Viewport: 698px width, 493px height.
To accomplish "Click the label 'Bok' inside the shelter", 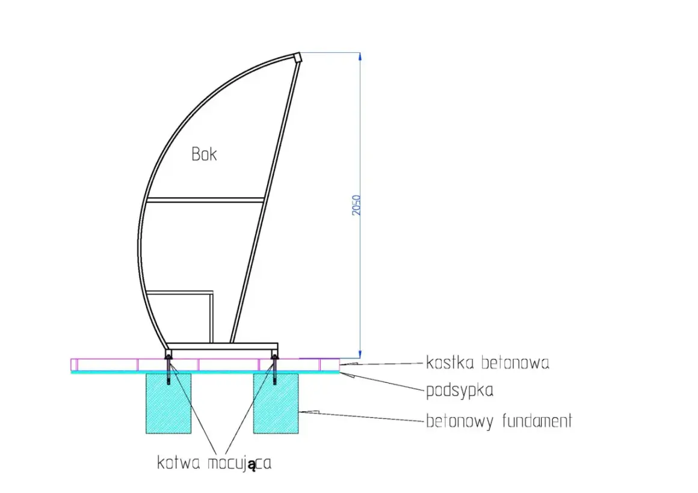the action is click(205, 154).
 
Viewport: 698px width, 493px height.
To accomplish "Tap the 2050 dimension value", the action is click(356, 205).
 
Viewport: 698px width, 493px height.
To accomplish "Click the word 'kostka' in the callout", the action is click(450, 363).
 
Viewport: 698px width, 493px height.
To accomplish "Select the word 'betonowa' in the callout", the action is click(516, 363).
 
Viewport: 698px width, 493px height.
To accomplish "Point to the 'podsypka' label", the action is click(459, 391).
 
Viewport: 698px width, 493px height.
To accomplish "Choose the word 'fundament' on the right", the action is click(537, 420).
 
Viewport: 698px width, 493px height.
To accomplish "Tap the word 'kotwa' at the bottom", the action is click(179, 463).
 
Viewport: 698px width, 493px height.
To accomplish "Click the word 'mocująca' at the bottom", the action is click(239, 464).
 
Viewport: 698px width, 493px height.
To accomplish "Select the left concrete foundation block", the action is click(168, 403).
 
